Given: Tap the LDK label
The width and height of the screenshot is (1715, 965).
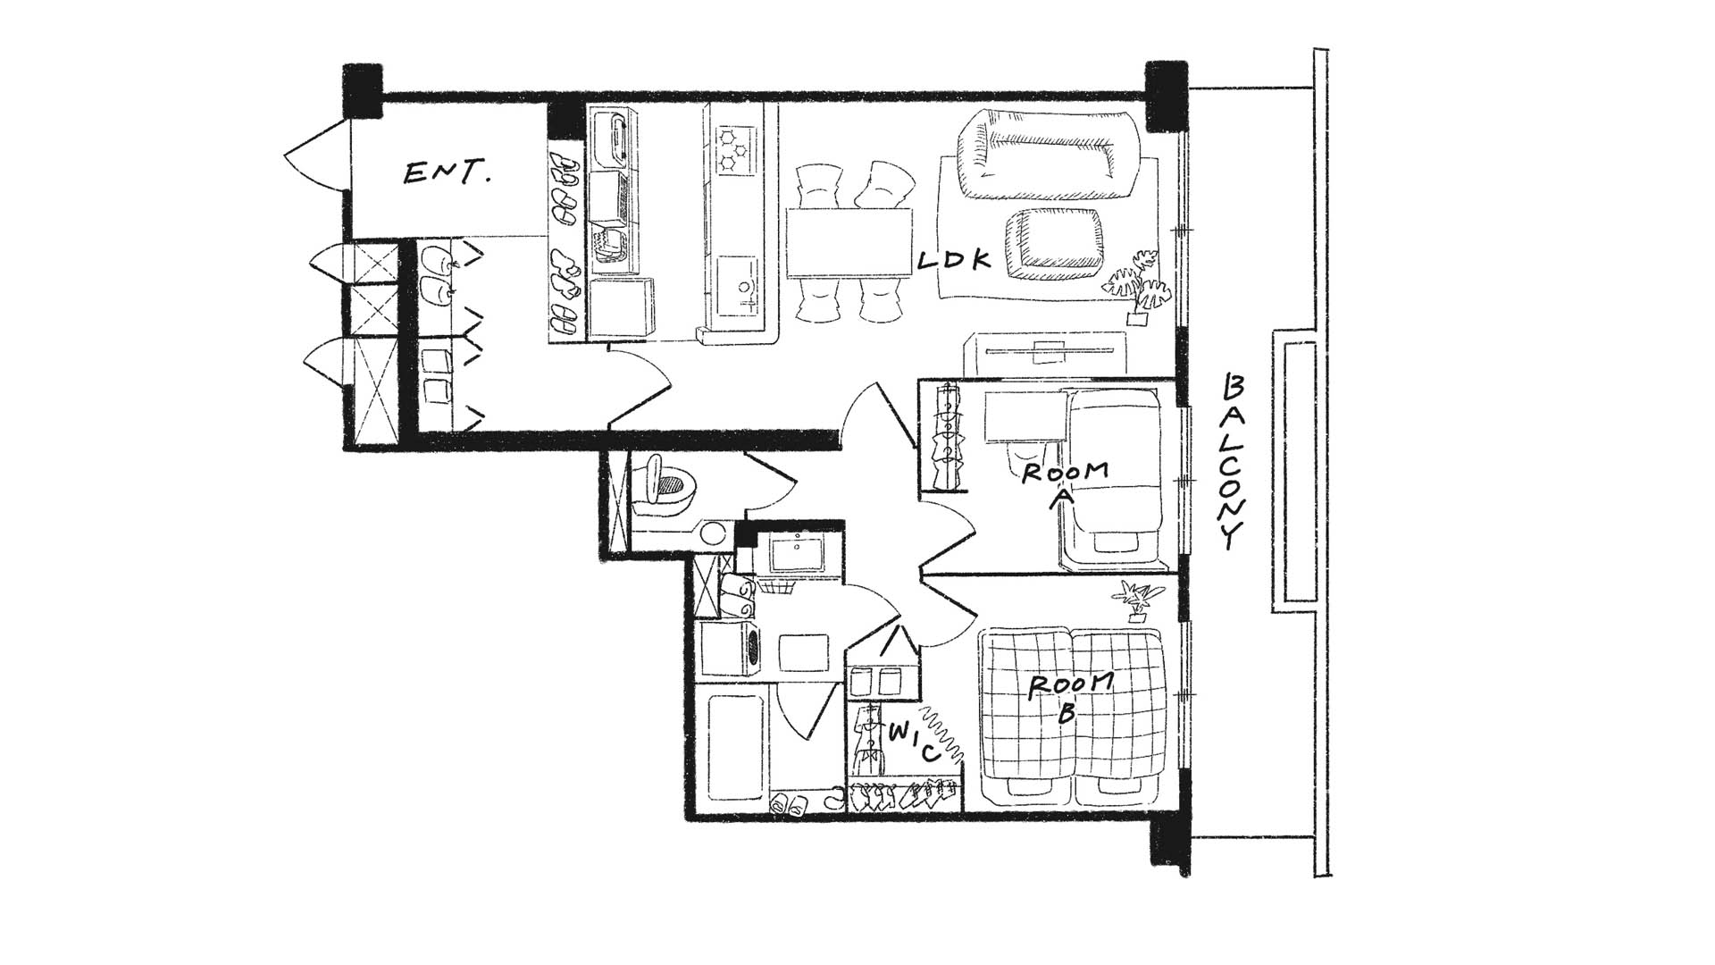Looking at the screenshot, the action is pos(955,261).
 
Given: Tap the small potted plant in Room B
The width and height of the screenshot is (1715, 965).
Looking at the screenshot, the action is pos(1136,600).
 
